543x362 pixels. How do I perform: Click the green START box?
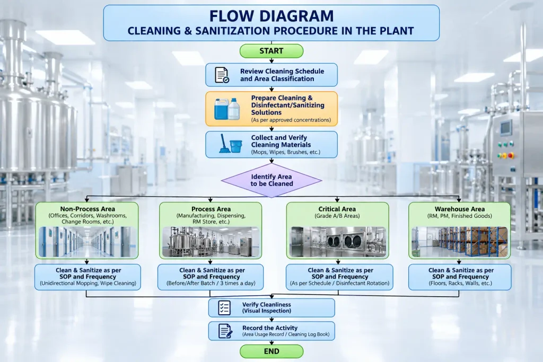click(x=271, y=51)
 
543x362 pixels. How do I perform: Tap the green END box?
click(x=271, y=351)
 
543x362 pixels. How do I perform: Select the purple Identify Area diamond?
click(x=271, y=180)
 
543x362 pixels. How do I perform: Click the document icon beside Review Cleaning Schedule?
click(x=222, y=75)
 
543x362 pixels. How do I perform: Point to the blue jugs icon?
click(x=227, y=109)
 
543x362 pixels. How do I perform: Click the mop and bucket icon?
click(x=230, y=144)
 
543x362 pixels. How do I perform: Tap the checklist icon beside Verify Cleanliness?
click(x=224, y=307)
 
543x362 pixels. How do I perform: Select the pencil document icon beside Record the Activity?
click(x=225, y=331)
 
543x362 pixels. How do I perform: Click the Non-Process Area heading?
click(x=87, y=209)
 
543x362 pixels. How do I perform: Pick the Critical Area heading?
click(x=337, y=209)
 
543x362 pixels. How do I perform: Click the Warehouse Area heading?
click(x=460, y=209)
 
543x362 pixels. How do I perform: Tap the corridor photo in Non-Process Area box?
click(x=87, y=242)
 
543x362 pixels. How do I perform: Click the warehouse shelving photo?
click(x=460, y=242)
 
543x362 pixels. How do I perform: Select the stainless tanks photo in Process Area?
click(x=211, y=242)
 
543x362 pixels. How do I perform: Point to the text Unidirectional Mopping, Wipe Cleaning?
click(x=88, y=283)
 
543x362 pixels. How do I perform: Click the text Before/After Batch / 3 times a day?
click(x=211, y=283)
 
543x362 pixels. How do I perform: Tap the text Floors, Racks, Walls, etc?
click(x=460, y=283)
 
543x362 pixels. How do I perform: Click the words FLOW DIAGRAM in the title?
click(x=271, y=16)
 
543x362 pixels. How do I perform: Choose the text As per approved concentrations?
click(x=291, y=120)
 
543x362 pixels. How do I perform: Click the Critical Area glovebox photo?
click(x=338, y=242)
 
